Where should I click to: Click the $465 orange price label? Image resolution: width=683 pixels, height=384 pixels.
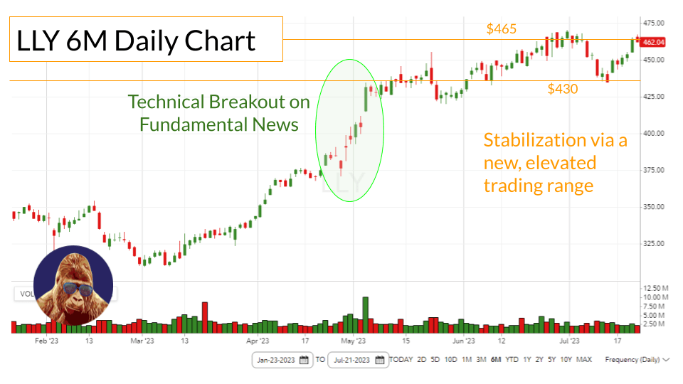coord(502,29)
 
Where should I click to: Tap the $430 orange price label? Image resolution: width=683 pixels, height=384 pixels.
coord(562,89)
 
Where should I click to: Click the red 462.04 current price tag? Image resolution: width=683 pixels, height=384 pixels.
coord(653,43)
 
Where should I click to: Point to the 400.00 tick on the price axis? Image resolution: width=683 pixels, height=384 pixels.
coord(653,133)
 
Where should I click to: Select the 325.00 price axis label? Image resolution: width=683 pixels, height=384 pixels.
coord(653,243)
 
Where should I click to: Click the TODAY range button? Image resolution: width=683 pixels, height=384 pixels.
coord(401,360)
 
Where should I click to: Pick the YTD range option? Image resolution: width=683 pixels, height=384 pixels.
coord(512,360)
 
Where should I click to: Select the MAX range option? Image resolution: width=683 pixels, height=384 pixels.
coord(584,360)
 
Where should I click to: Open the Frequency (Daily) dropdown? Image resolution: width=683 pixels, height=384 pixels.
coord(637,360)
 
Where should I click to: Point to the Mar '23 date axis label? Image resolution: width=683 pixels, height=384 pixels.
coord(142,341)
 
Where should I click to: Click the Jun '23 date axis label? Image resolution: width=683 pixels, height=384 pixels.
coord(463,341)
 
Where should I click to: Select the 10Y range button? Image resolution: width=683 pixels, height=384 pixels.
coord(566,360)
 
